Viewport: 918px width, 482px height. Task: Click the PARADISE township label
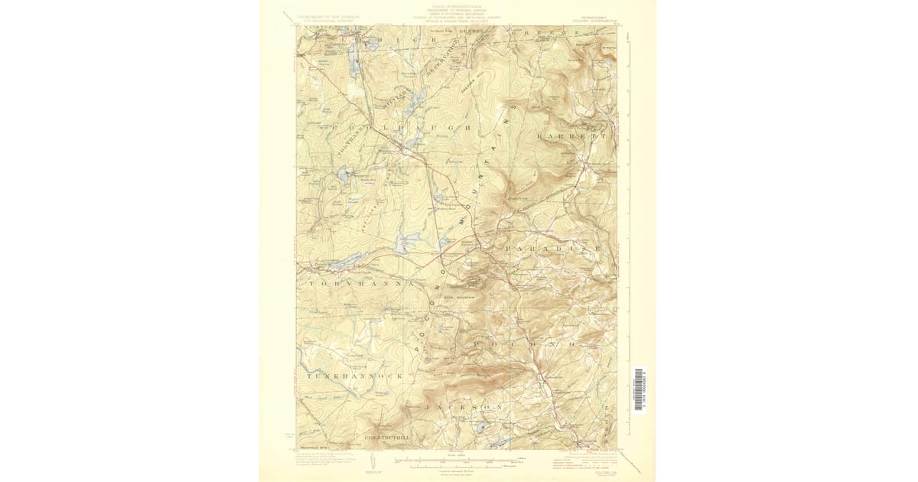(552, 250)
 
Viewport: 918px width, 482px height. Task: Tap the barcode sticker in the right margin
(639, 390)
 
